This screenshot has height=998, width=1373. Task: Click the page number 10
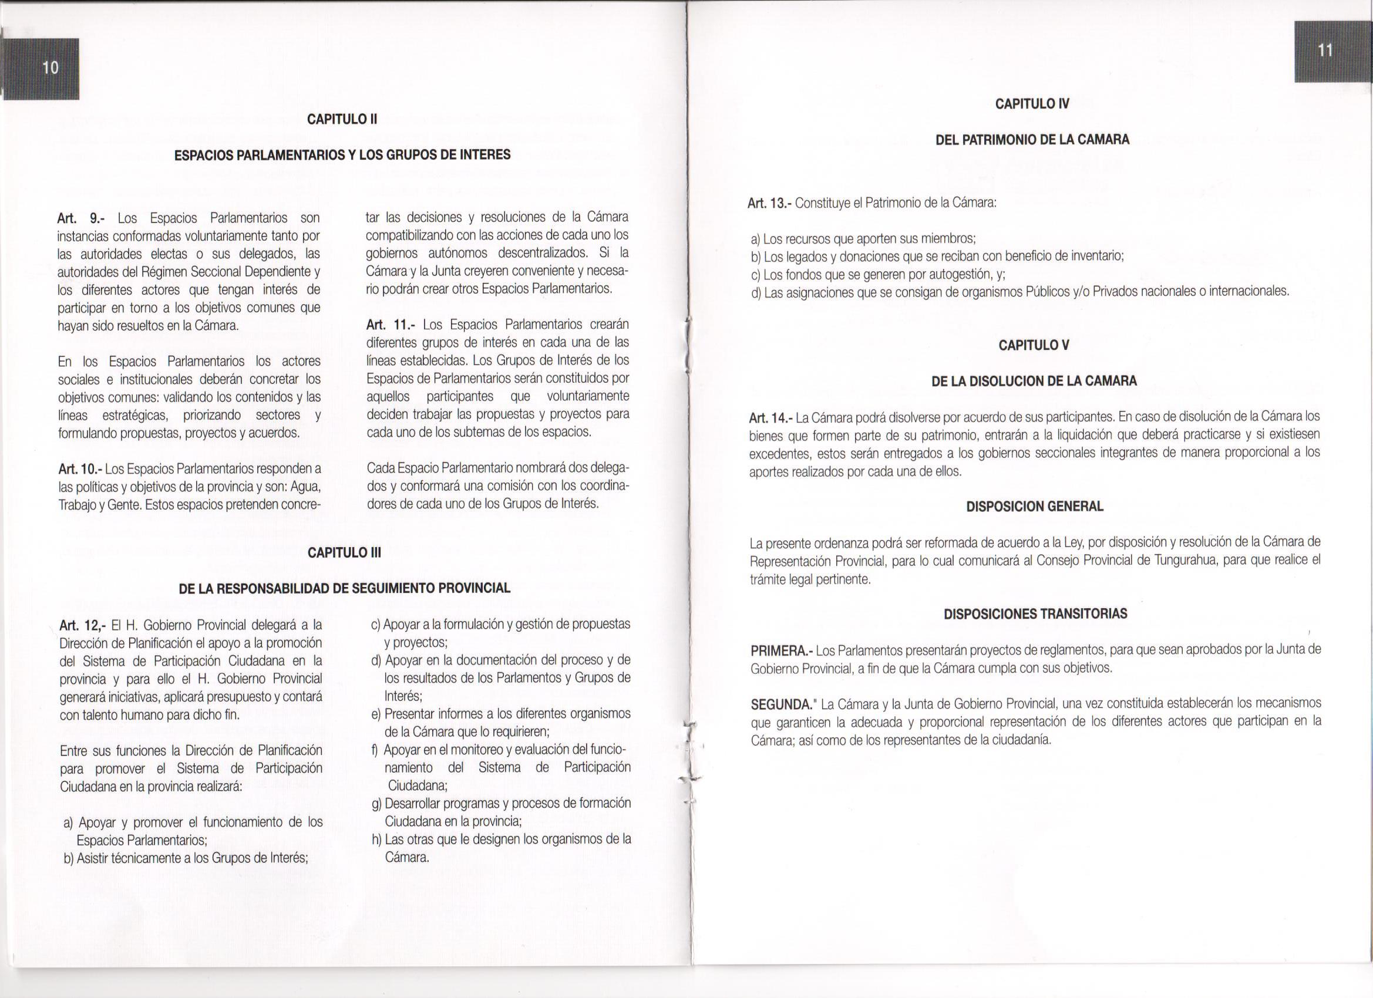[x=51, y=68]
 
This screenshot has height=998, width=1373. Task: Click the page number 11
[x=1325, y=51]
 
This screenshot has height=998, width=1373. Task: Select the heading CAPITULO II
[x=342, y=119]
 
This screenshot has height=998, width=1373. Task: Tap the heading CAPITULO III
[x=345, y=552]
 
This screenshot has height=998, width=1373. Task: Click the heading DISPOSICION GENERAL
[x=1035, y=507]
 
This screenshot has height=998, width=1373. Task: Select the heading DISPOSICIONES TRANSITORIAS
[x=1035, y=613]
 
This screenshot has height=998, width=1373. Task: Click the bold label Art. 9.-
[x=82, y=218]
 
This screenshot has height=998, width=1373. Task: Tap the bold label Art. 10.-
[x=80, y=469]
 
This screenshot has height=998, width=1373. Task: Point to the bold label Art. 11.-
[x=391, y=325]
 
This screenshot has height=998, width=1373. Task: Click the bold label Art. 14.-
[x=770, y=418]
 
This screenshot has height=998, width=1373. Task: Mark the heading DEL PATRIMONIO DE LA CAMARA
[x=1032, y=140]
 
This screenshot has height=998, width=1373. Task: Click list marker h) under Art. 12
[x=377, y=839]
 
